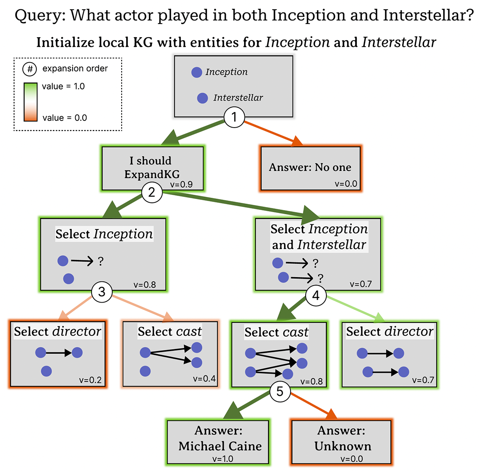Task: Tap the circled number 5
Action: [280, 391]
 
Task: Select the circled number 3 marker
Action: [102, 292]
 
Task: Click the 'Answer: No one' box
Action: [310, 168]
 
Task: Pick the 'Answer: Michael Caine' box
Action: [220, 442]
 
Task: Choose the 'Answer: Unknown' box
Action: [342, 442]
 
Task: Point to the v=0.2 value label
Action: [90, 380]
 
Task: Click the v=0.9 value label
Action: [182, 185]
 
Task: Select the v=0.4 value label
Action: [204, 379]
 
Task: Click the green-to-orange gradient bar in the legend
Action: [30, 102]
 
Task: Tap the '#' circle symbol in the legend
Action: [30, 69]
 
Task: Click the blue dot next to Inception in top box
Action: [197, 72]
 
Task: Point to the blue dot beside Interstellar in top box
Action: [203, 98]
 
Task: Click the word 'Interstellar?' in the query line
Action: [428, 16]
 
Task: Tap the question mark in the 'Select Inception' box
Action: [100, 262]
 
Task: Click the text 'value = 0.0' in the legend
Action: [65, 118]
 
